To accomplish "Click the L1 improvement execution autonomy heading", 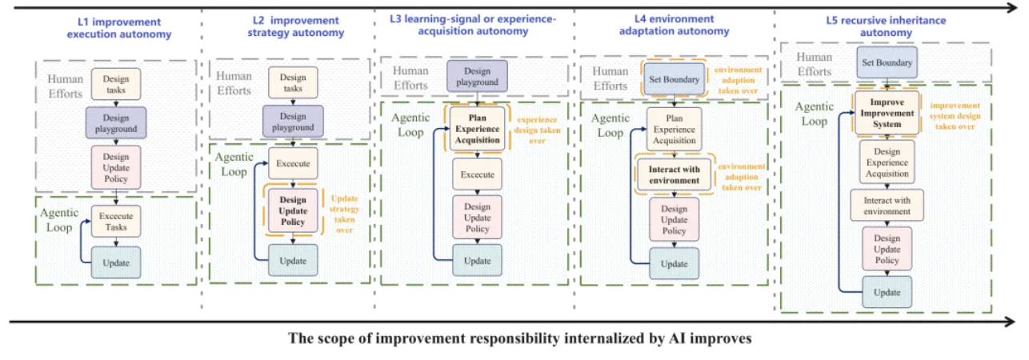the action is pyautogui.click(x=119, y=28).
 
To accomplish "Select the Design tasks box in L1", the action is pyautogui.click(x=116, y=84).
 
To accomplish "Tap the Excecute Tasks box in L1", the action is pyautogui.click(x=116, y=222).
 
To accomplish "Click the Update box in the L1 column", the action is pyautogui.click(x=116, y=262).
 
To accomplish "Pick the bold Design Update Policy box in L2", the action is pyautogui.click(x=293, y=210).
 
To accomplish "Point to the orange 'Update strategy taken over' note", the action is pyautogui.click(x=345, y=214).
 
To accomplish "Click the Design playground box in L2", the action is pyautogui.click(x=293, y=122).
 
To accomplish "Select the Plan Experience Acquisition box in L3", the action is pyautogui.click(x=477, y=129).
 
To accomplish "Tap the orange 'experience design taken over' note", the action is pyautogui.click(x=537, y=130).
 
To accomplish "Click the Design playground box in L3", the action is pyautogui.click(x=477, y=76).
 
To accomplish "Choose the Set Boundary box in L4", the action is pyautogui.click(x=674, y=79).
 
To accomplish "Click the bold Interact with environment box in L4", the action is pyautogui.click(x=674, y=175).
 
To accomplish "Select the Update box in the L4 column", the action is pyautogui.click(x=674, y=263).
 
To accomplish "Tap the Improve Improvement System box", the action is pyautogui.click(x=887, y=113).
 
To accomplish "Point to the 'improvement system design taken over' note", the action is pyautogui.click(x=955, y=116).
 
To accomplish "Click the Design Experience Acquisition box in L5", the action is pyautogui.click(x=887, y=162).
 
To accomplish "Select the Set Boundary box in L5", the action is pyautogui.click(x=887, y=62).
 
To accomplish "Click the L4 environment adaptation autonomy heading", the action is pyautogui.click(x=674, y=26).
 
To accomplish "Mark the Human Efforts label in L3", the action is pyautogui.click(x=410, y=78).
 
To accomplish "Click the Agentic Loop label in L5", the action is pyautogui.click(x=814, y=114).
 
